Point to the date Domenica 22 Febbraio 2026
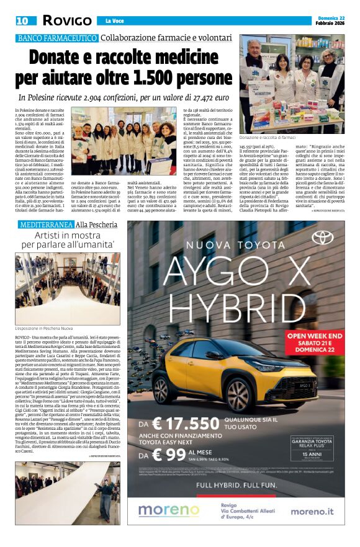(x=328, y=20)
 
